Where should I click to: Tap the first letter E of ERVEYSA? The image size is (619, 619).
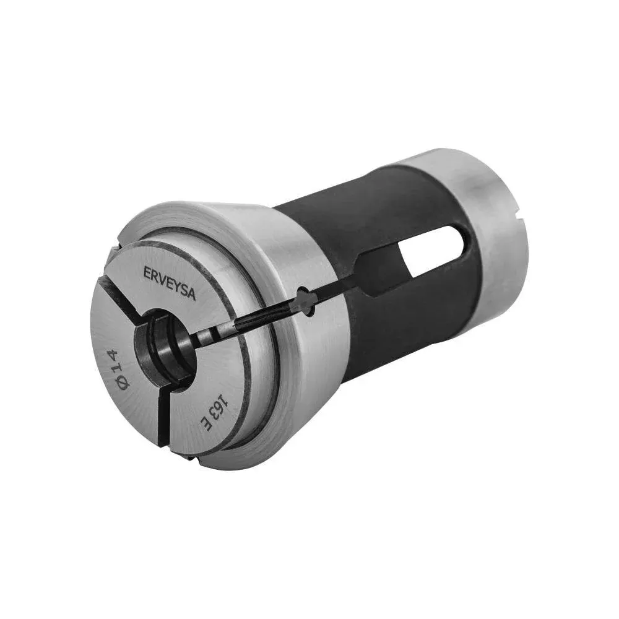coord(147,272)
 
